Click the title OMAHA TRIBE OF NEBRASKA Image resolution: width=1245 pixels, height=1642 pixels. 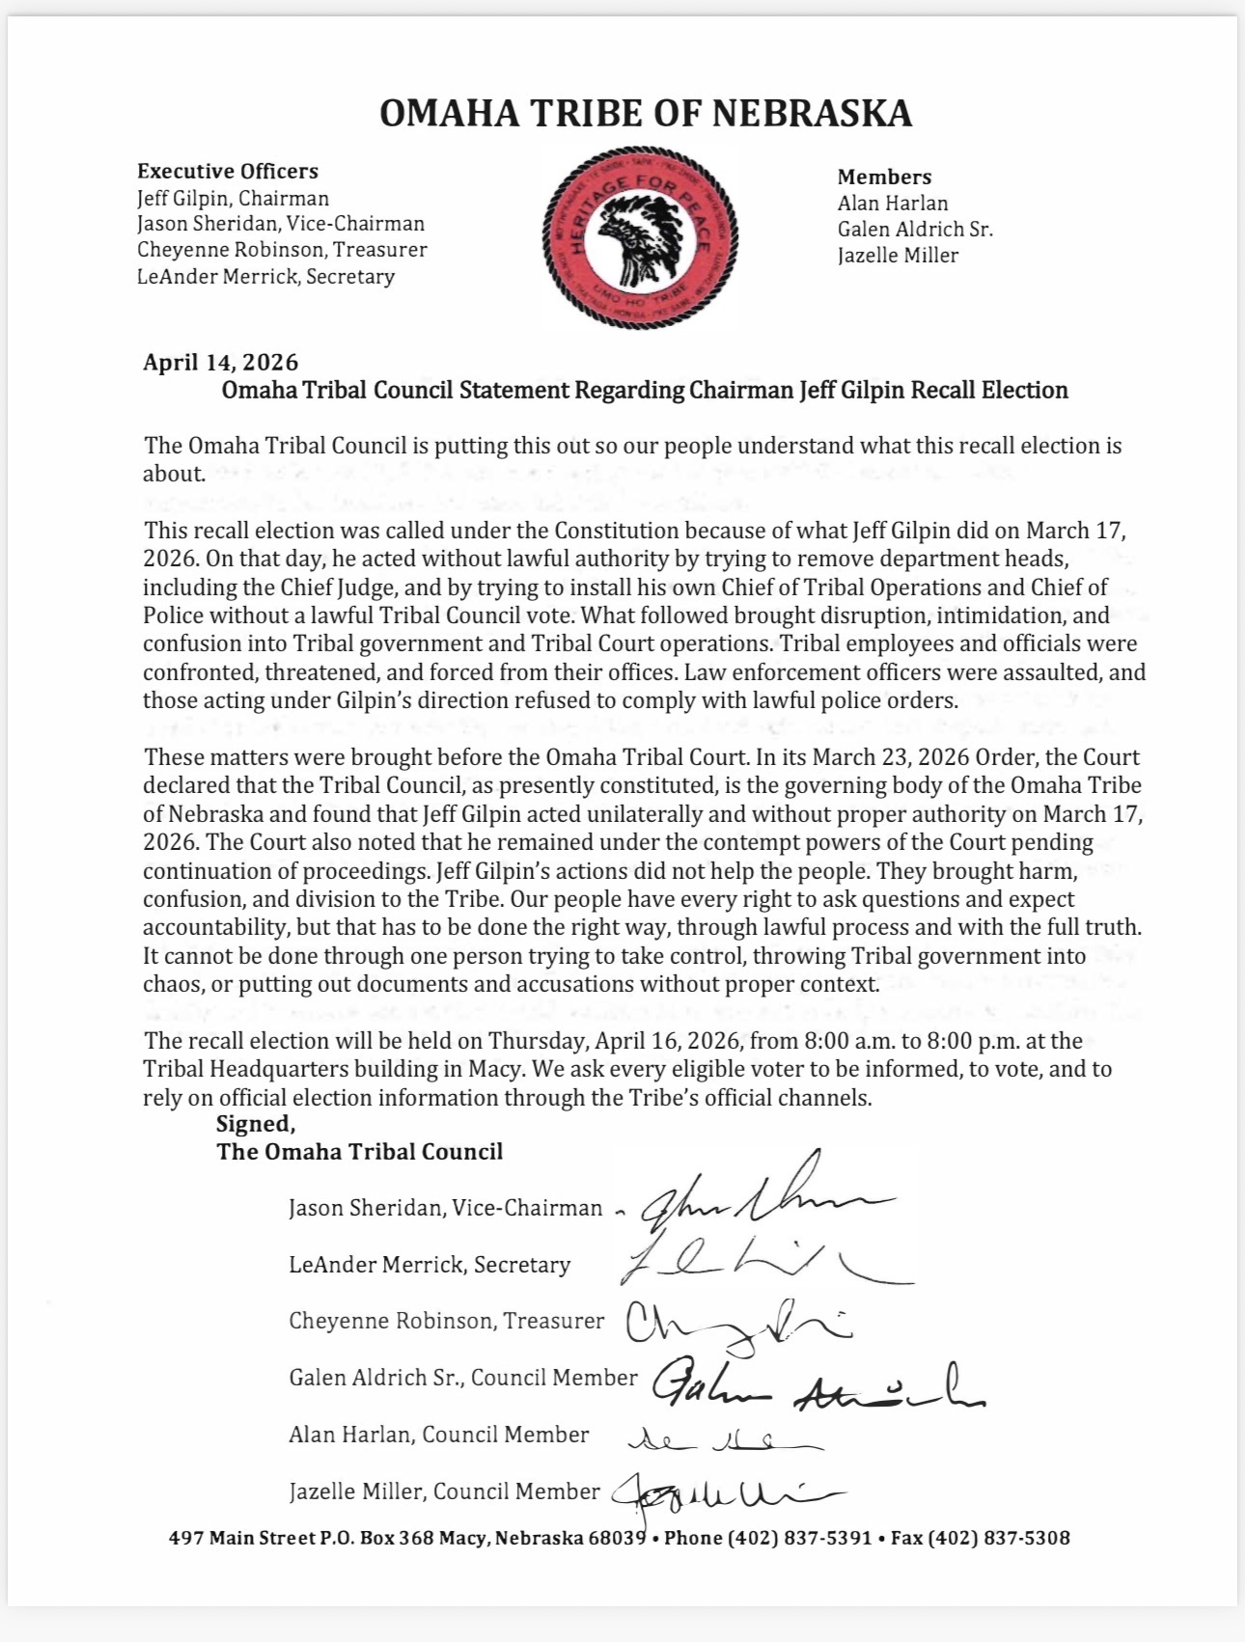click(645, 114)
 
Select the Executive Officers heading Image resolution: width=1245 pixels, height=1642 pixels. click(228, 172)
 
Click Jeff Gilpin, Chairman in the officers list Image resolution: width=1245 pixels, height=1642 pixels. click(233, 199)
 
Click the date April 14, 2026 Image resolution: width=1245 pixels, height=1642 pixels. click(221, 363)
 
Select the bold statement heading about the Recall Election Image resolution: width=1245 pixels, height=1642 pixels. click(645, 391)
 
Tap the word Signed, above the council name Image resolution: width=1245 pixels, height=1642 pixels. click(256, 1124)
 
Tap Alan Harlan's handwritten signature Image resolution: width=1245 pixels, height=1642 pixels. click(724, 1441)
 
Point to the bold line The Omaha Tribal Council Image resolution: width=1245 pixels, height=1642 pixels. click(360, 1152)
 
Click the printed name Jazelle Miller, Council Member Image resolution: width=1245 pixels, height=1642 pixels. click(444, 1491)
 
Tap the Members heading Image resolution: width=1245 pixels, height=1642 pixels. click(884, 178)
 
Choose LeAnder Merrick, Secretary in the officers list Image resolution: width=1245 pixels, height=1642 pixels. click(265, 277)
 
